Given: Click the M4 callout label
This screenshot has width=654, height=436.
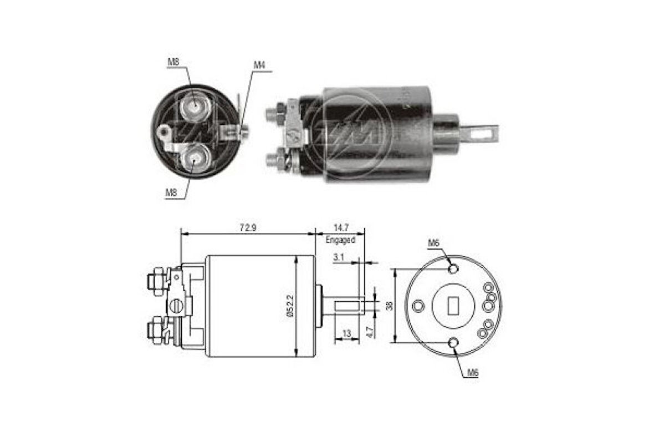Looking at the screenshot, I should (259, 65).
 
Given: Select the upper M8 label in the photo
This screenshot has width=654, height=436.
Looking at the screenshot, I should (173, 63).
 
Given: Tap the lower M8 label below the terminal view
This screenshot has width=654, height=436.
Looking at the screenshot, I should (171, 192).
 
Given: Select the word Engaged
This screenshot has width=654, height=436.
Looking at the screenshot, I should (340, 240).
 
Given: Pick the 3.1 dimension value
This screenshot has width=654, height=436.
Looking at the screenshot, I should (339, 257).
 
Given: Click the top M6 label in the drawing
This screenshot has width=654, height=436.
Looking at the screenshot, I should (433, 243).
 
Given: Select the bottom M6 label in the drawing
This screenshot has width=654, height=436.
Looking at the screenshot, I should (472, 373).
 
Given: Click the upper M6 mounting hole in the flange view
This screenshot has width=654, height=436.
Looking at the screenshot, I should (453, 269).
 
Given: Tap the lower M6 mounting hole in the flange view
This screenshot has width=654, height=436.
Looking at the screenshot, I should (454, 343).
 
